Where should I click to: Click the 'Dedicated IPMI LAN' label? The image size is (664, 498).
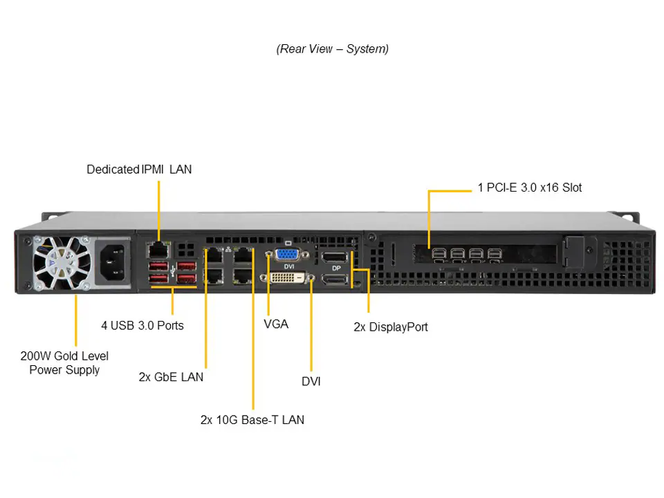[x=139, y=169]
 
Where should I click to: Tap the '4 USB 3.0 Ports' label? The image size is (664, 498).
[x=142, y=324]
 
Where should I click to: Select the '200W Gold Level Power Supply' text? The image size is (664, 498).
[x=64, y=363]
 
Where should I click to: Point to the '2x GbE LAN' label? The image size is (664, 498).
[x=171, y=377]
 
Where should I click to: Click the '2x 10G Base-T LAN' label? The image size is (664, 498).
[x=252, y=420]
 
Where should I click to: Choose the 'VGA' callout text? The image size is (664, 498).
[x=276, y=324]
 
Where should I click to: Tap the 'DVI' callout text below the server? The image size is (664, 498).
[x=311, y=381]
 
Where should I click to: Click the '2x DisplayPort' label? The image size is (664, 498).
[x=390, y=326]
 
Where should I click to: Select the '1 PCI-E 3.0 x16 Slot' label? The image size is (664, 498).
[x=530, y=187]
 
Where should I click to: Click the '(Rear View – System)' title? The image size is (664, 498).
[x=333, y=49]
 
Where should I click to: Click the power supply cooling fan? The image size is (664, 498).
[x=61, y=263]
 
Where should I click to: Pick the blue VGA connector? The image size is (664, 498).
[x=286, y=254]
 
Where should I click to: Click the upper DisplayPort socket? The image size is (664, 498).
[x=335, y=257]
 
